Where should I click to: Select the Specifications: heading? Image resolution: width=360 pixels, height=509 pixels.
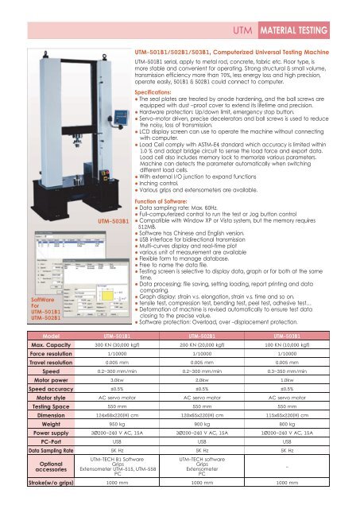tap(156, 92)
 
